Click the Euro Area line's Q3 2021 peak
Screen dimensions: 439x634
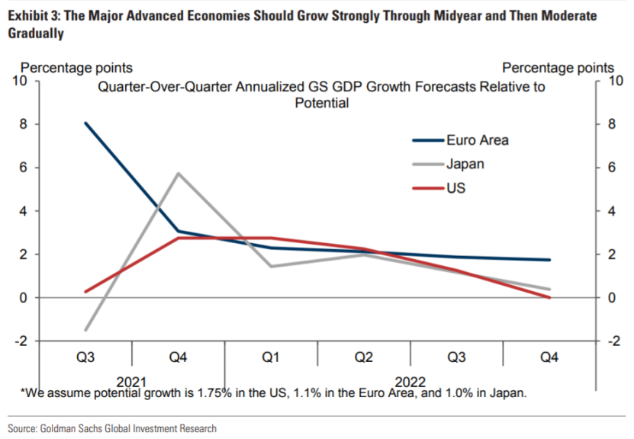click(x=86, y=123)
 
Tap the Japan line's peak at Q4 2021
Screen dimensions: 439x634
click(x=179, y=173)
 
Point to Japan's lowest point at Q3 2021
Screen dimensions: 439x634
click(x=86, y=330)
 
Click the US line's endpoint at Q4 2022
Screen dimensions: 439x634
click(x=549, y=297)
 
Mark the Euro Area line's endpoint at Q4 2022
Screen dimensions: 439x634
click(x=549, y=260)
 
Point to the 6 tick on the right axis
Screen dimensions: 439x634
click(x=607, y=168)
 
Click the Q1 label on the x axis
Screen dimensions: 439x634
click(x=271, y=357)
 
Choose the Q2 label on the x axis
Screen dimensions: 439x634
click(x=364, y=357)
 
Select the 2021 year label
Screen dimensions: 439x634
click(x=133, y=380)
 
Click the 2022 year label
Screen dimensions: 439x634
click(x=411, y=380)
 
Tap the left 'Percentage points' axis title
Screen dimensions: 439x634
click(x=76, y=69)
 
